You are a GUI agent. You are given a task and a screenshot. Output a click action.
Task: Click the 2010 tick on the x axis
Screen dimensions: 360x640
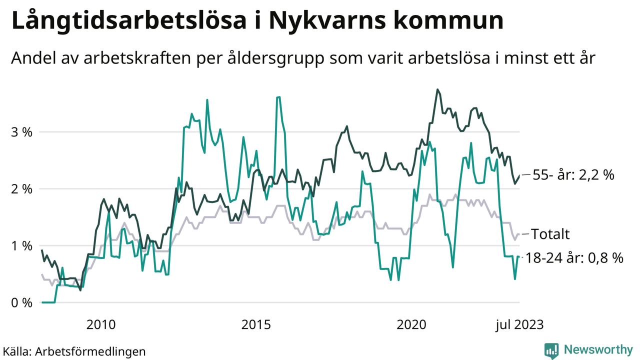[101, 325]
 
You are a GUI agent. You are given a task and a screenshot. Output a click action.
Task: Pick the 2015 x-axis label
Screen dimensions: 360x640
[256, 325]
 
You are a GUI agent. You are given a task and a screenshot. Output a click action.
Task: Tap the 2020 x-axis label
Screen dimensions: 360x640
[411, 325]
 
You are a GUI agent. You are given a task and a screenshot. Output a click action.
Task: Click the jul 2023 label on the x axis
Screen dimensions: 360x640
[519, 325]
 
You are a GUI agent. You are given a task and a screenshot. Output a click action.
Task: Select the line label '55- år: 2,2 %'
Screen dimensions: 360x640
[573, 175]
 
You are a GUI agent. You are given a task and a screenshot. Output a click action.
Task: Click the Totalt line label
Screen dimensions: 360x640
[550, 234]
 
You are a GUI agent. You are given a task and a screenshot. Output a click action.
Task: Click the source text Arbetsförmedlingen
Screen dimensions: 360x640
[90, 351]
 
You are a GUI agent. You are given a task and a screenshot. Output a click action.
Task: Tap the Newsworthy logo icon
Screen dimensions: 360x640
[551, 350]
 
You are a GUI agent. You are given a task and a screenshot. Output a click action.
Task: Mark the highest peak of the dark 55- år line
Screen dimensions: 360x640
[437, 90]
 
